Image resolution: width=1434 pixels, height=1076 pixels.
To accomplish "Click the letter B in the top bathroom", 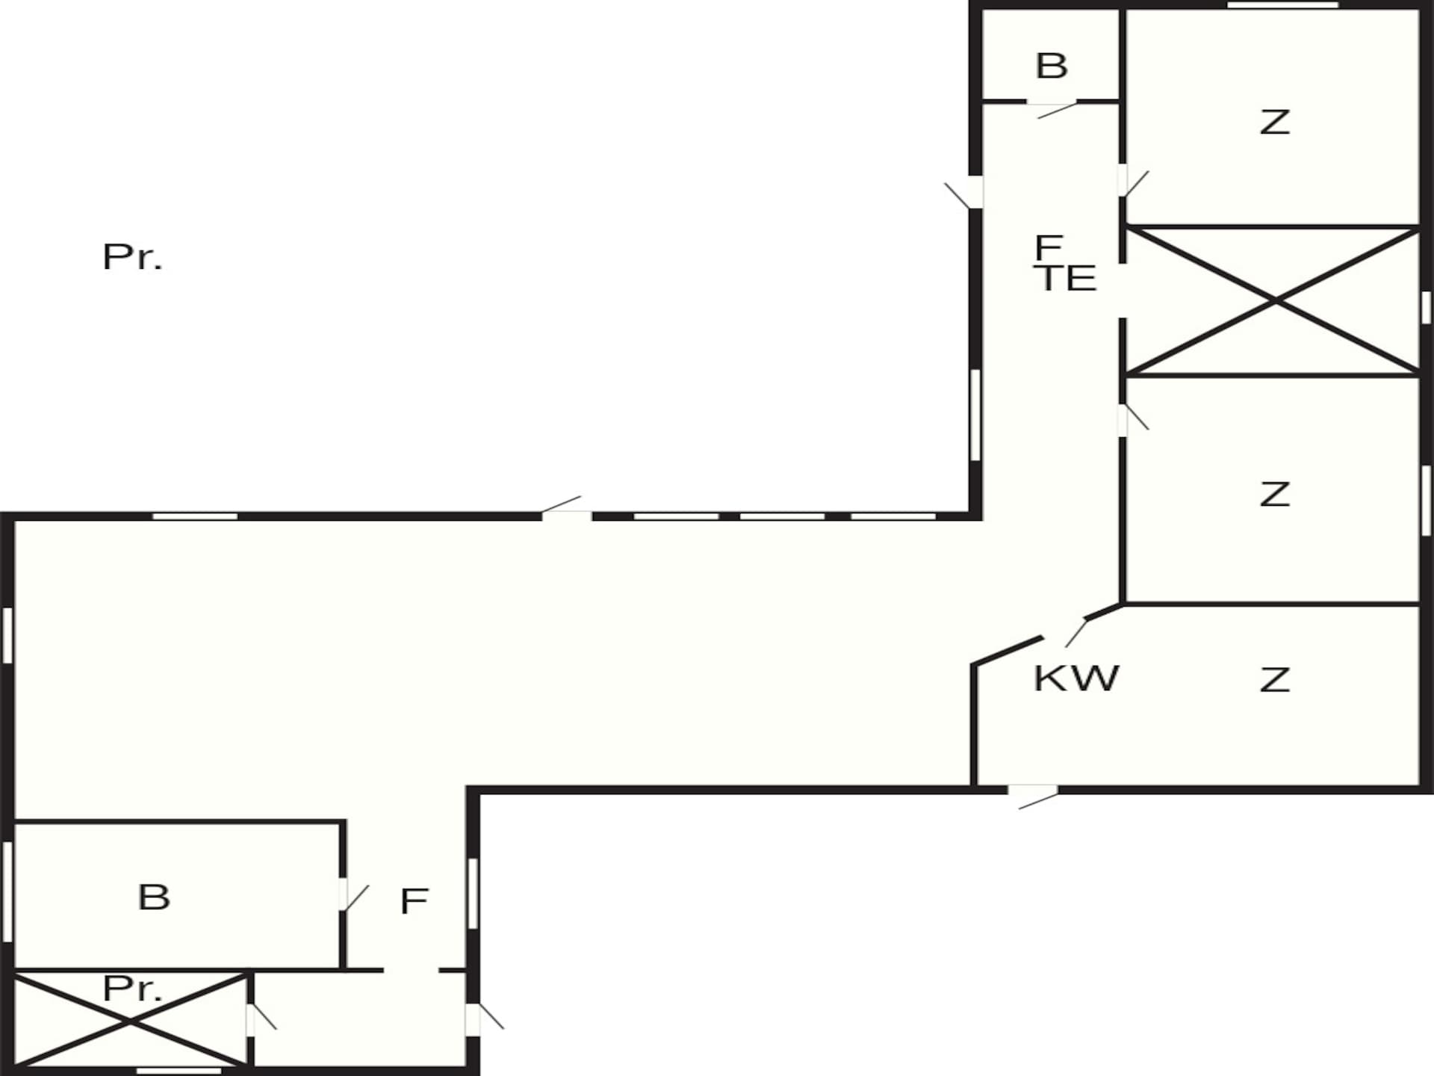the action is (x=1052, y=66).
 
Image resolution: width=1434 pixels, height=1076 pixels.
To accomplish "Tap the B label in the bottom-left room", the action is (x=154, y=897).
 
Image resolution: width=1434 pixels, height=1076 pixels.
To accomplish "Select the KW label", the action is (x=1076, y=678).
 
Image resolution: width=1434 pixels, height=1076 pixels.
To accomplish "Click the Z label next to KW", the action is (x=1274, y=680).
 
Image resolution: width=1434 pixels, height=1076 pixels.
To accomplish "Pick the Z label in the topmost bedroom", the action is (x=1274, y=122).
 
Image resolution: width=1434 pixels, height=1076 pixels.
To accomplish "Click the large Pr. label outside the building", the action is (x=132, y=257).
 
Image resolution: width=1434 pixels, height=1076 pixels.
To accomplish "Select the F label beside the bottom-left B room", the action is (x=414, y=901).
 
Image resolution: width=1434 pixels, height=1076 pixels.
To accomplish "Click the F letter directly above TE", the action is (x=1049, y=246).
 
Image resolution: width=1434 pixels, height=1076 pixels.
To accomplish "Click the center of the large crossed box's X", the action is (x=1274, y=301).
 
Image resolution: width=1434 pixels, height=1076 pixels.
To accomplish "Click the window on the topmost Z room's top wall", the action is (x=1283, y=5).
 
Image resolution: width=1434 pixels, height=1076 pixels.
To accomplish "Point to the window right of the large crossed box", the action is (x=1426, y=307).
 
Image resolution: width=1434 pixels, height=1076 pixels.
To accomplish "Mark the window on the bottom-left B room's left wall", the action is (x=7, y=891).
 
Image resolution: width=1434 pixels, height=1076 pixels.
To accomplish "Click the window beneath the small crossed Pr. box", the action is (x=179, y=1071).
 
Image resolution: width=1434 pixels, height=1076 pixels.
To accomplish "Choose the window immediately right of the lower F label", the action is (x=473, y=893).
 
